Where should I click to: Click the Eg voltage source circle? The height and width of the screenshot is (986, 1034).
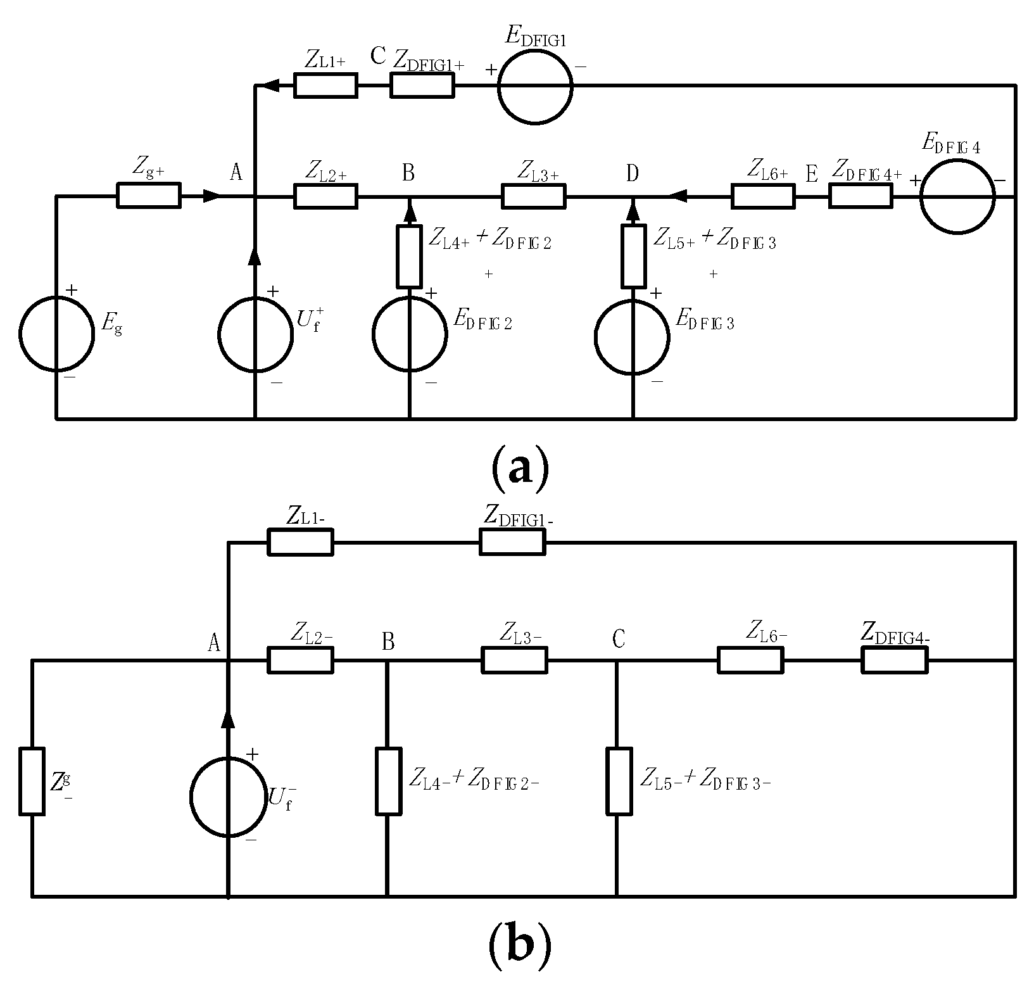click(56, 333)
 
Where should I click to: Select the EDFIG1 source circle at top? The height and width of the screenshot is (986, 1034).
click(534, 85)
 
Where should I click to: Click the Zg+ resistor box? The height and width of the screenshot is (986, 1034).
click(149, 195)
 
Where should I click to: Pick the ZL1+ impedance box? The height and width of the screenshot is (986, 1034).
click(325, 85)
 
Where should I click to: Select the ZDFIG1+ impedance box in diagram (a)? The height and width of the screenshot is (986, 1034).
click(422, 85)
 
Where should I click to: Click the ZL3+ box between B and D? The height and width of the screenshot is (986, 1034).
click(534, 196)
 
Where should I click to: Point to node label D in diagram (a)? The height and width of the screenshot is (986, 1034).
click(632, 173)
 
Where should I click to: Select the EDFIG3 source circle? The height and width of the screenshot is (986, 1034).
click(632, 336)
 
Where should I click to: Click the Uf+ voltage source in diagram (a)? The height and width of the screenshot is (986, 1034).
click(255, 334)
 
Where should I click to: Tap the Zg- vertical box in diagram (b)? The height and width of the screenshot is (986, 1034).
click(32, 781)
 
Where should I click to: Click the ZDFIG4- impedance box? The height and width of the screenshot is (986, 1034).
click(894, 660)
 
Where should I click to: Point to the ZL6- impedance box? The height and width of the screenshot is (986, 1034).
click(750, 660)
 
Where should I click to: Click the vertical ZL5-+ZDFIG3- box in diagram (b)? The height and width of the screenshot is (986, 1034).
click(619, 781)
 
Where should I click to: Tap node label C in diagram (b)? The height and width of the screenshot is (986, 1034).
click(619, 640)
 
